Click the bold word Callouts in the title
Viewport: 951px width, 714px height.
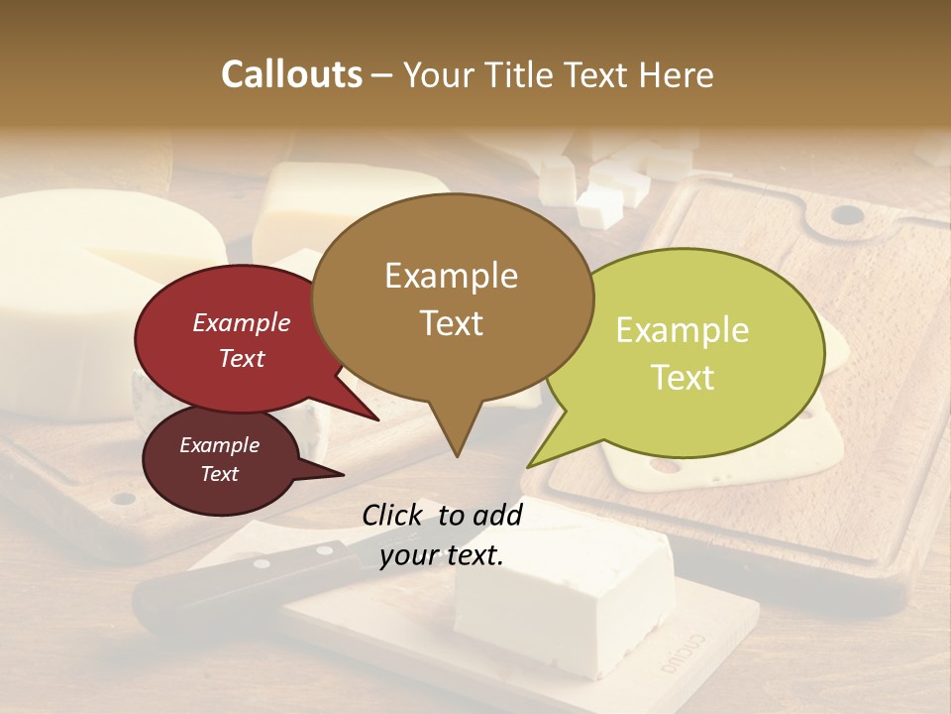[291, 74]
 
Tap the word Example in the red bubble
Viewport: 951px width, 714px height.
[241, 322]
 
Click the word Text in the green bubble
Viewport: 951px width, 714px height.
[684, 378]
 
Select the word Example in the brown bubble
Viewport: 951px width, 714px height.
[451, 276]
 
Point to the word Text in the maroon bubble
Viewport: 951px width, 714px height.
[220, 474]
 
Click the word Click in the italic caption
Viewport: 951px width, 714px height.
[393, 515]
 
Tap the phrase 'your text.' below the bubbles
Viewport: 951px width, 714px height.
[442, 555]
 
